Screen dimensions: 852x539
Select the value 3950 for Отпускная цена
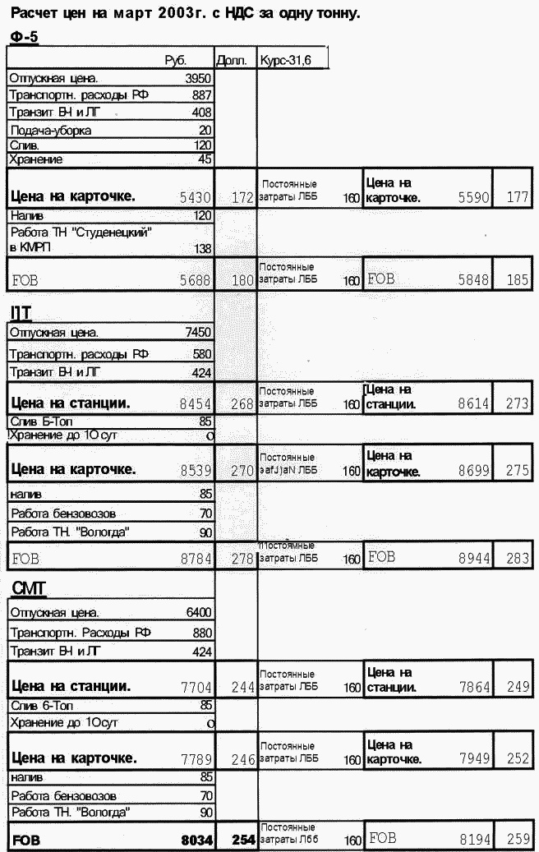(199, 79)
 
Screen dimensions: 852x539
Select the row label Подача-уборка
(51, 131)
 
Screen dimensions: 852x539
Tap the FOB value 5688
(196, 280)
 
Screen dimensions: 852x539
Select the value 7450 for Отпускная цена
(199, 333)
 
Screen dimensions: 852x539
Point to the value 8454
(196, 404)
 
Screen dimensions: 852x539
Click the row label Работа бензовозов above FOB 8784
(58, 514)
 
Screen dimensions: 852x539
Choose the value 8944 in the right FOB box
(475, 558)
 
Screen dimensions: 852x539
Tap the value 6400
(199, 613)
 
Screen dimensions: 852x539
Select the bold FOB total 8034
(197, 841)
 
